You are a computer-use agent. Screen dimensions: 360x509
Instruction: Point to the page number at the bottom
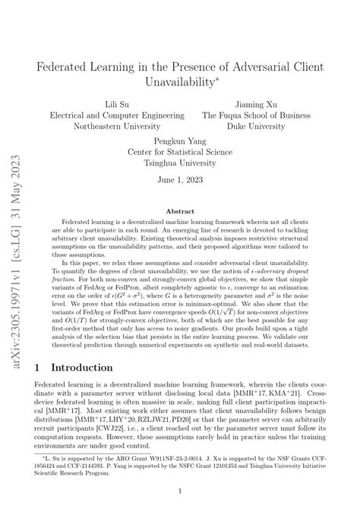(x=180, y=492)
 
